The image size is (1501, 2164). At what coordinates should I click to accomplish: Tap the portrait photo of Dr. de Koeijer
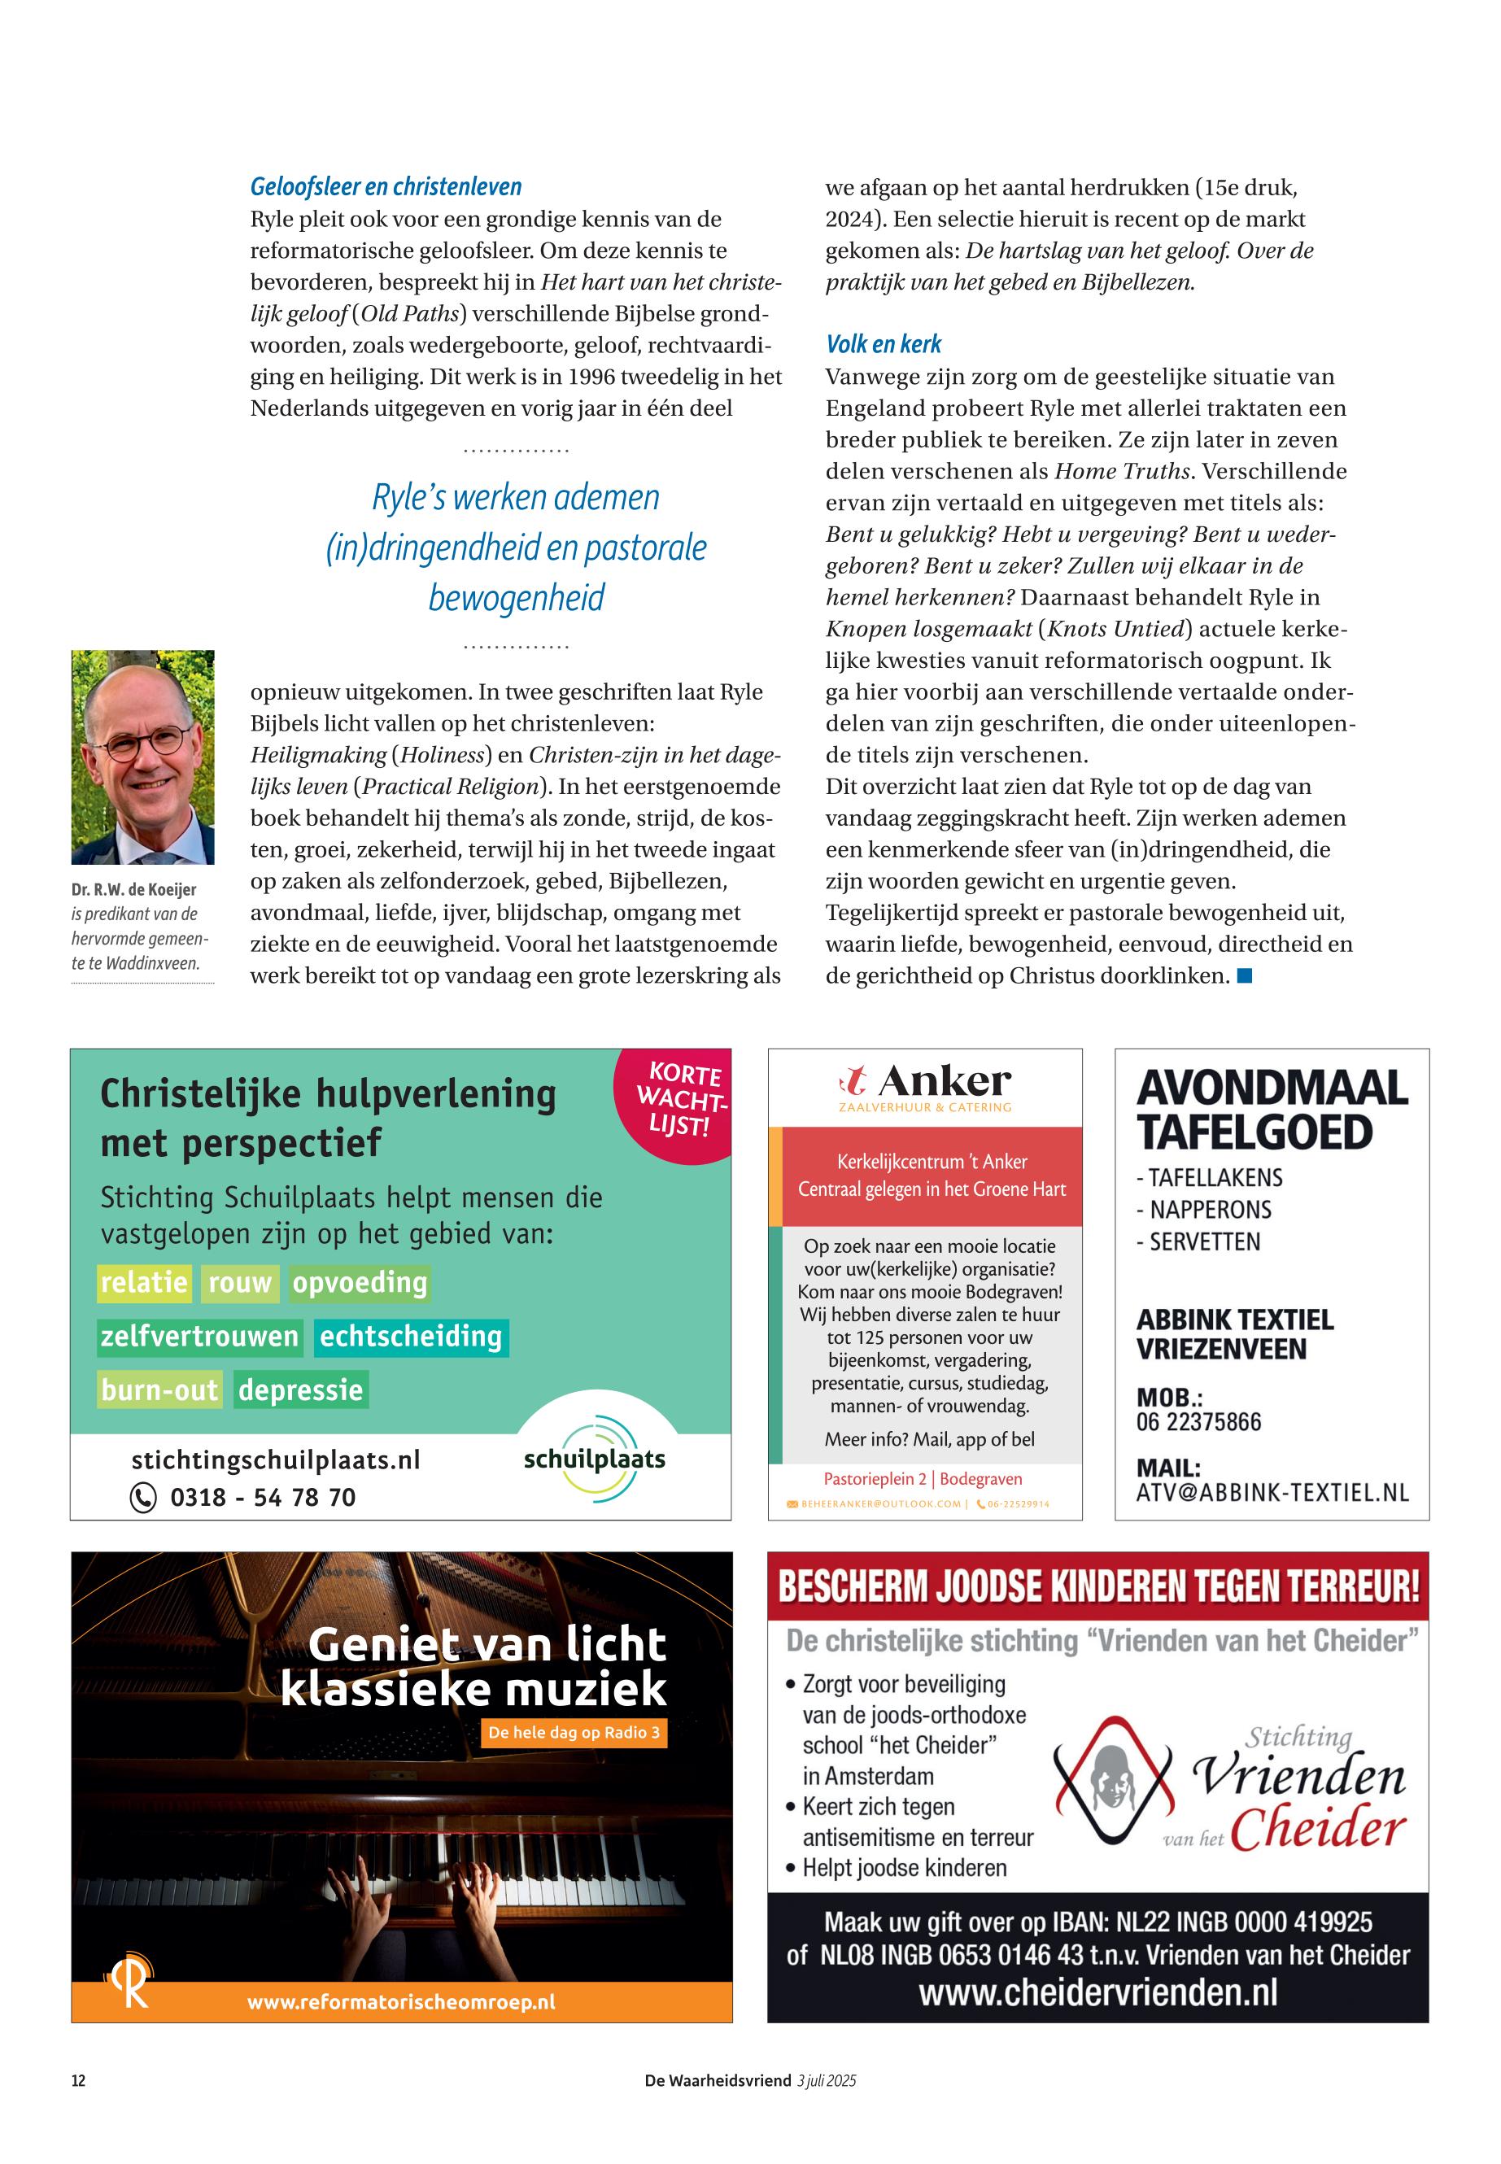point(143,757)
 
